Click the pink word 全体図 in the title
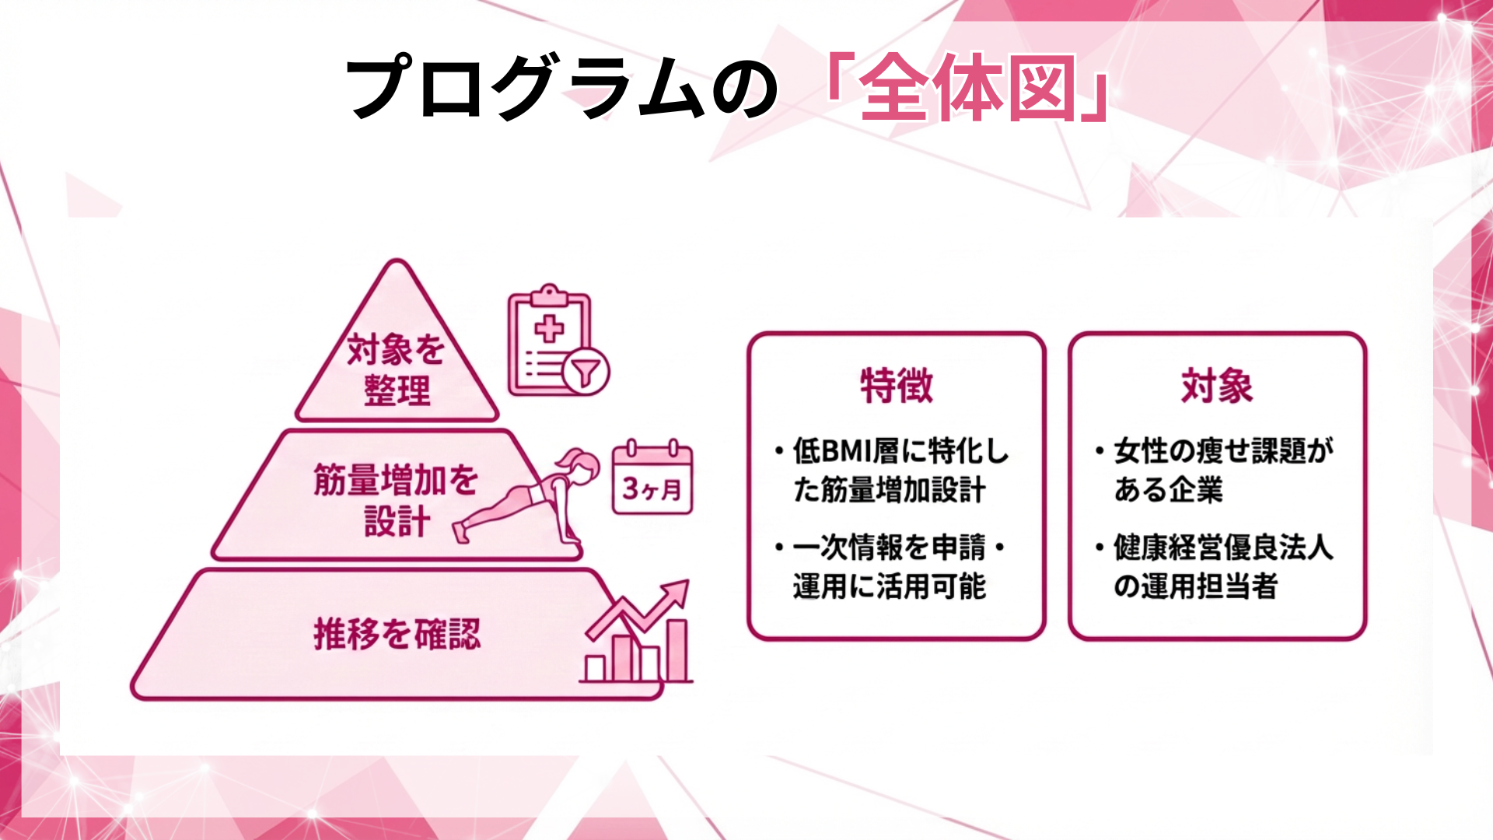(x=968, y=87)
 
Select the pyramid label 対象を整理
(x=397, y=369)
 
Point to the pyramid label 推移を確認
(x=397, y=634)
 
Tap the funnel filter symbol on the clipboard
(x=585, y=371)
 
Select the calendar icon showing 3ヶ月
(x=652, y=478)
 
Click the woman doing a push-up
(x=529, y=498)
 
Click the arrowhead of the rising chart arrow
(x=678, y=590)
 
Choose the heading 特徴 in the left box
(x=896, y=386)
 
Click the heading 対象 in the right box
(x=1217, y=386)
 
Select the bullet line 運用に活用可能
(x=890, y=586)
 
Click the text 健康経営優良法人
(x=1223, y=548)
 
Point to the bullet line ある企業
(x=1168, y=490)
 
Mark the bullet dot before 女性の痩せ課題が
(x=1100, y=451)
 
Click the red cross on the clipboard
(x=549, y=328)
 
